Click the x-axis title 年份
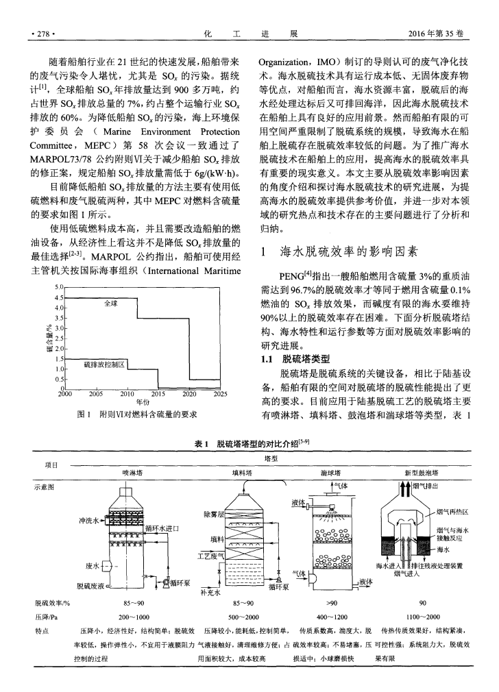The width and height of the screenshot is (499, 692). (143, 402)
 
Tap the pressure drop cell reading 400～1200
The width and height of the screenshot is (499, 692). (332, 617)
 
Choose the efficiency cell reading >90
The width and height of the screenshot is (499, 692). (332, 603)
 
